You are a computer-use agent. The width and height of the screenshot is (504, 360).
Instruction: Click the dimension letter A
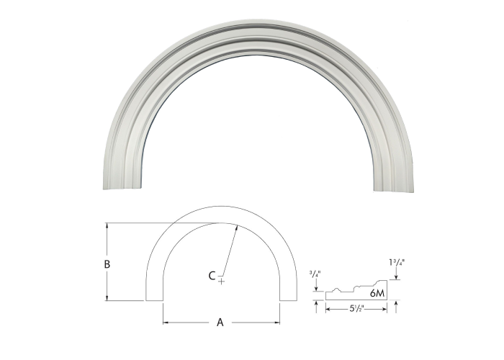pyautogui.click(x=220, y=323)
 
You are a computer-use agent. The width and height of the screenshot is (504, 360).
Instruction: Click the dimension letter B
pyautogui.click(x=107, y=264)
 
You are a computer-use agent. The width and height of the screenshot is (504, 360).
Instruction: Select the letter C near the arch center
pyautogui.click(x=212, y=275)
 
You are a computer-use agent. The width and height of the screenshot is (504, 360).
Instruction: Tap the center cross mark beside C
pyautogui.click(x=221, y=279)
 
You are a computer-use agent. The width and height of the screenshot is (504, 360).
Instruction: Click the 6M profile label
pyautogui.click(x=377, y=294)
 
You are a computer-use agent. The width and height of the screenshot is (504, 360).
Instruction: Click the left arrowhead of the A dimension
pyautogui.click(x=165, y=323)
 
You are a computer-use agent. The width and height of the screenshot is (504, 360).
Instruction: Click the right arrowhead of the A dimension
pyautogui.click(x=278, y=323)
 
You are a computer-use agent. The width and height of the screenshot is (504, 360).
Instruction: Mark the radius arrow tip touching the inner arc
pyautogui.click(x=238, y=225)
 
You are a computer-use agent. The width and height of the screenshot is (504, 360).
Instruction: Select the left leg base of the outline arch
pyautogui.click(x=155, y=300)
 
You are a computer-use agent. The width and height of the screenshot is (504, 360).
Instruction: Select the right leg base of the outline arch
pyautogui.click(x=287, y=300)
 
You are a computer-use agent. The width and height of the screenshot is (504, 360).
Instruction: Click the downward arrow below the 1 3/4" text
pyautogui.click(x=397, y=283)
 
